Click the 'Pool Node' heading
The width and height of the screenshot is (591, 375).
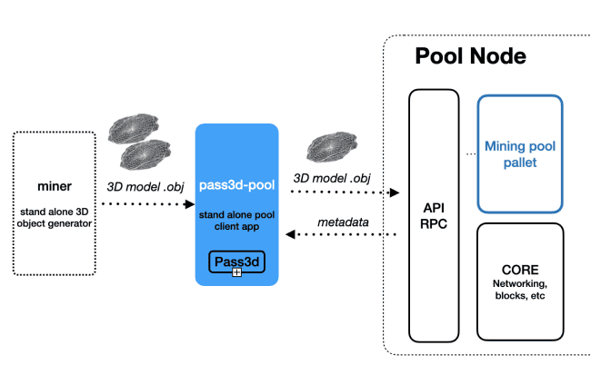(x=470, y=56)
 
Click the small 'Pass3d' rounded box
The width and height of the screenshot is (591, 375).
(x=236, y=262)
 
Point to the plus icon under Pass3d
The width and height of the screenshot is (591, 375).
(x=236, y=272)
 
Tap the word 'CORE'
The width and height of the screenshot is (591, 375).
(x=520, y=270)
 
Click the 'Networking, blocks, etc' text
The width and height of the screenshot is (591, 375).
(x=520, y=290)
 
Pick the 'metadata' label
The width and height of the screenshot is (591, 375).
(x=341, y=222)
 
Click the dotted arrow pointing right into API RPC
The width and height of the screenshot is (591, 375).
(x=345, y=192)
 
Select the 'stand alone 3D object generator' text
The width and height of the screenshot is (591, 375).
(x=54, y=219)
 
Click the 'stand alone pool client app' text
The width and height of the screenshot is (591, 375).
(x=236, y=219)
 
